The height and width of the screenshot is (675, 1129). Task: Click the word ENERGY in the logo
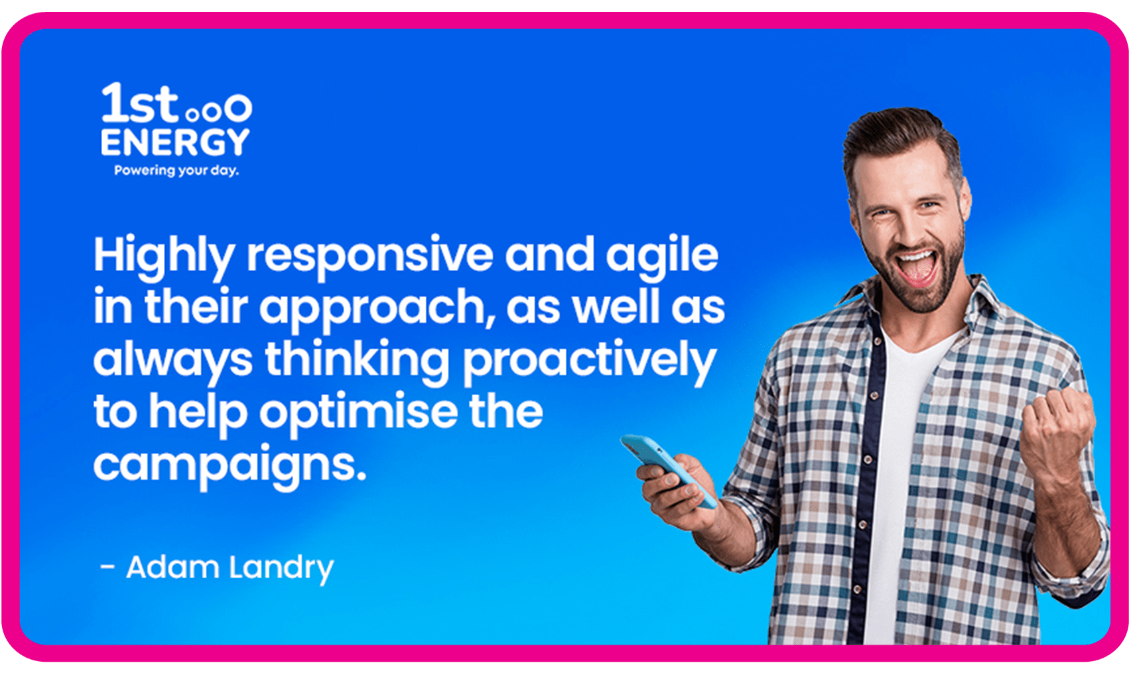(x=175, y=142)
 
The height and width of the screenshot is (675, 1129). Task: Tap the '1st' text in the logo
(x=139, y=103)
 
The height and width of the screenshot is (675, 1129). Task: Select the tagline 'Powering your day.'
(x=176, y=171)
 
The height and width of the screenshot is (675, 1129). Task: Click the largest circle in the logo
(x=238, y=108)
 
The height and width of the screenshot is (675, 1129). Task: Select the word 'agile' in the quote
(x=662, y=257)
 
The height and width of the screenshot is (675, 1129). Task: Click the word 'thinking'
(x=357, y=361)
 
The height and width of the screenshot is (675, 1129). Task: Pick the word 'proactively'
(x=590, y=361)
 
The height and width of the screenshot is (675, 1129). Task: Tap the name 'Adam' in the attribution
(x=172, y=567)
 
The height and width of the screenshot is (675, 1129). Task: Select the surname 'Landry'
(x=281, y=569)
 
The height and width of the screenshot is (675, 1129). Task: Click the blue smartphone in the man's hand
(x=667, y=469)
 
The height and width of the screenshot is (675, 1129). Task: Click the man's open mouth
(x=915, y=268)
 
